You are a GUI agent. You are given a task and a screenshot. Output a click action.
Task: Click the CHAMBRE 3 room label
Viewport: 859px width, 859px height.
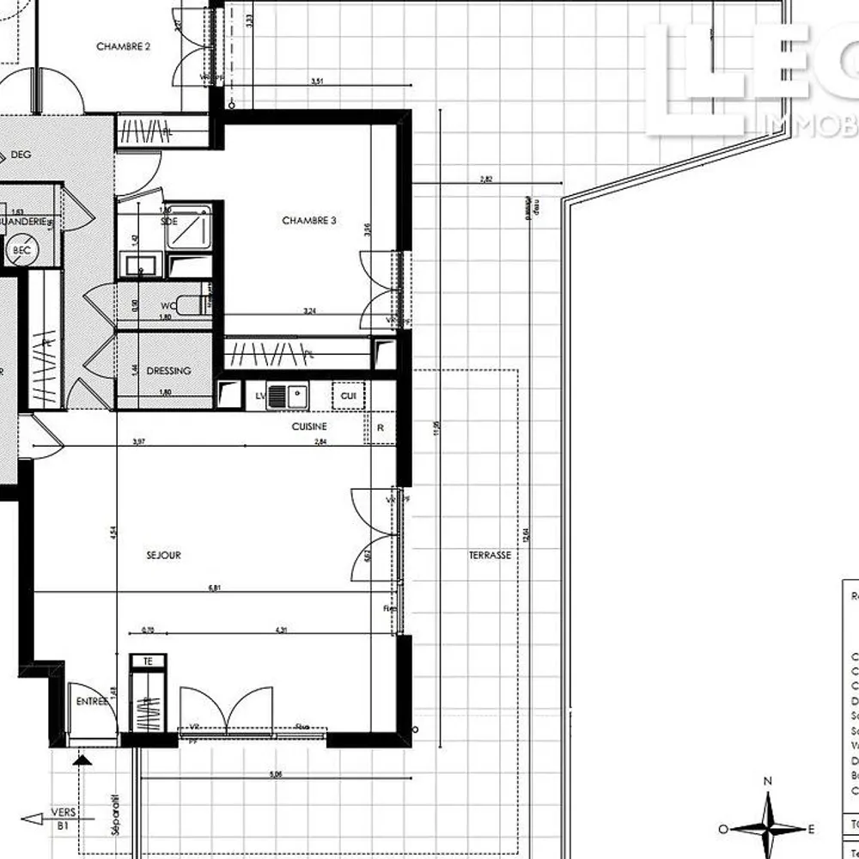point(309,221)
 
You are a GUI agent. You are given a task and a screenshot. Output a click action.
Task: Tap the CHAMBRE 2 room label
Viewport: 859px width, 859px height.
point(124,46)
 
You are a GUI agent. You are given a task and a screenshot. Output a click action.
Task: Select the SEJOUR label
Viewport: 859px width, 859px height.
point(163,556)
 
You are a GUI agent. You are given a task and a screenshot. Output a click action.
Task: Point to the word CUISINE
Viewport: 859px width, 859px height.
point(309,426)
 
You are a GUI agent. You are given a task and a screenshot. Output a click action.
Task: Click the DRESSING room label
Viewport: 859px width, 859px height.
point(168,371)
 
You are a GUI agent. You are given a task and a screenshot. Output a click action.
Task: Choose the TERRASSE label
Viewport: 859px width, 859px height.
point(490,555)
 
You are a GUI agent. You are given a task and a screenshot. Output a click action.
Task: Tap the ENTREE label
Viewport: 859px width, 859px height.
point(92,702)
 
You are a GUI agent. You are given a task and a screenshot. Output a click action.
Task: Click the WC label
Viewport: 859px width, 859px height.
point(169,306)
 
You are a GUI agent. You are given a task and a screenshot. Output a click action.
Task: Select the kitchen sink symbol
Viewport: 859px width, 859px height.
point(288,396)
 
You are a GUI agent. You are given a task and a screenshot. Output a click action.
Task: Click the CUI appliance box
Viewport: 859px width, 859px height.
point(348,396)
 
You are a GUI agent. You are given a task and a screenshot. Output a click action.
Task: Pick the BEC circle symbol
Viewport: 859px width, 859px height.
point(21,251)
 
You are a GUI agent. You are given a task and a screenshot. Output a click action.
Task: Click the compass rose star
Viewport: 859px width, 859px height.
point(770,828)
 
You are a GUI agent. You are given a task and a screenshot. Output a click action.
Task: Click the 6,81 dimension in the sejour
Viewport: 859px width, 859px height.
point(215,588)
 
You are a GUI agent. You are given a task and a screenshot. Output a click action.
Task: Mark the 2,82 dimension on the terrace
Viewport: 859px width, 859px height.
point(486,180)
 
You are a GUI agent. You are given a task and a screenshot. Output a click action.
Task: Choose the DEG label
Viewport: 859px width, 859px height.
point(21,155)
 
